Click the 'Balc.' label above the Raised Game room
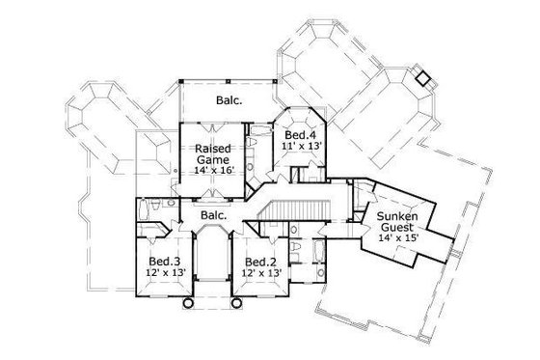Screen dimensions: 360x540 point(228,98)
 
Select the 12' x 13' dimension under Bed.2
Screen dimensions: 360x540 point(260,274)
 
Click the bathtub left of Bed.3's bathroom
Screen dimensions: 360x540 point(145,209)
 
